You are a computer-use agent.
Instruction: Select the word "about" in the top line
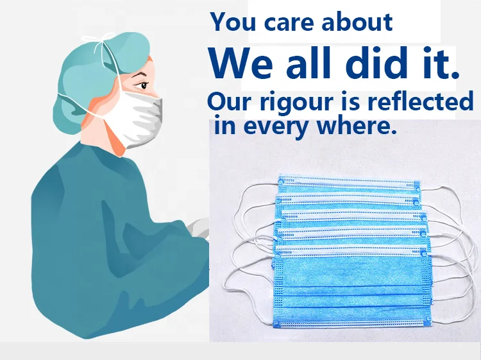point(357,22)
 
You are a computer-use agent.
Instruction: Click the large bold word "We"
point(240,63)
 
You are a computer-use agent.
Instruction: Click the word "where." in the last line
point(357,124)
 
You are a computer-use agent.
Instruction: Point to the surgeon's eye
point(143,85)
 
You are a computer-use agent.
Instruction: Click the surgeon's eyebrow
point(140,74)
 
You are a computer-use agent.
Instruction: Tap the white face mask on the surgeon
point(135,117)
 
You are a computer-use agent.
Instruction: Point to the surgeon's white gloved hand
point(199,228)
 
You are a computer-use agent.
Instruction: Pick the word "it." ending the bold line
point(441,63)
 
